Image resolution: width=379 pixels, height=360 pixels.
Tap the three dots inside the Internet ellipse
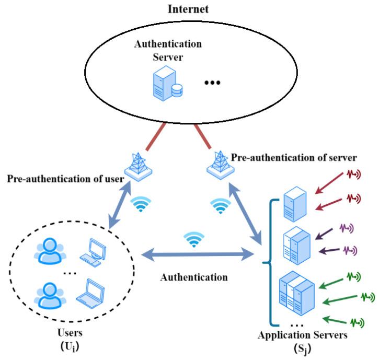pyautogui.click(x=213, y=83)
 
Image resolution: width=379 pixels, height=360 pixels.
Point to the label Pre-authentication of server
pyautogui.click(x=294, y=157)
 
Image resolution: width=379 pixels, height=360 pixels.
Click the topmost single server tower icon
pyautogui.click(x=293, y=204)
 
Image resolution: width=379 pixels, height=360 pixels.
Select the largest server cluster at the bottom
pyautogui.click(x=296, y=292)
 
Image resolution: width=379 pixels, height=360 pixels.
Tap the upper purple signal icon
pyautogui.click(x=347, y=228)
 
